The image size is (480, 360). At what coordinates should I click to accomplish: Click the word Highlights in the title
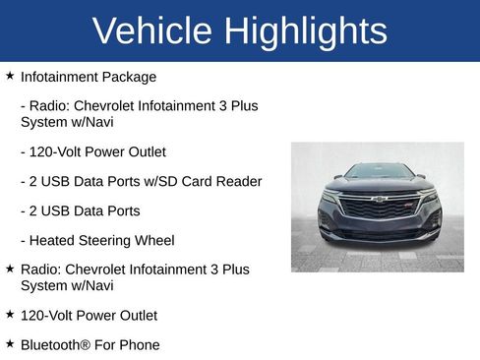(x=306, y=31)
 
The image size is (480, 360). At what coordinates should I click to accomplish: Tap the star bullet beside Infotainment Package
(x=10, y=75)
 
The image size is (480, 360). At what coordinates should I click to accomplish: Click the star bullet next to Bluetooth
(x=10, y=343)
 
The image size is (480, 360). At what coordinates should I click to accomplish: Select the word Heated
(x=54, y=240)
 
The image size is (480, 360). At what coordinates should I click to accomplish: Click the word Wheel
(x=155, y=240)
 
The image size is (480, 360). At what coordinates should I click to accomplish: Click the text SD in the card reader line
(x=173, y=182)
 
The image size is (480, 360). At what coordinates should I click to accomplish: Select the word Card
(x=202, y=182)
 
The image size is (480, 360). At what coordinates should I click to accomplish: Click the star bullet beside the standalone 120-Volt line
(x=10, y=315)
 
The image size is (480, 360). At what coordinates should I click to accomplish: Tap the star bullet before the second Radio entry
(x=10, y=268)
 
